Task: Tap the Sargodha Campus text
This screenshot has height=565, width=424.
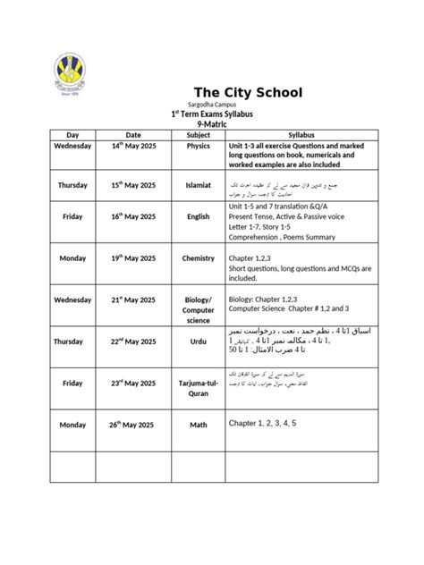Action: coord(211,105)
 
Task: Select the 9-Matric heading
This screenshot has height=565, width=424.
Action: coord(211,126)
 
